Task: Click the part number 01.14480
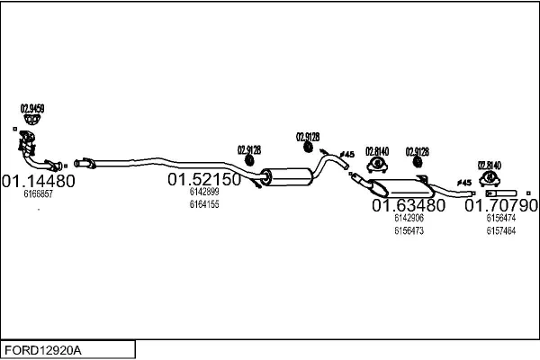(38, 180)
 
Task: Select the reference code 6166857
(38, 193)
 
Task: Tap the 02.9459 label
(32, 108)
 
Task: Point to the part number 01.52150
(204, 179)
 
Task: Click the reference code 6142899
(204, 192)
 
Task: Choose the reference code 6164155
(204, 204)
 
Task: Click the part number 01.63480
(409, 205)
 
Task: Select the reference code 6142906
(409, 218)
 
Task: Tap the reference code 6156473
(409, 230)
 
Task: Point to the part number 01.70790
(501, 205)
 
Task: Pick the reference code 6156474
(501, 218)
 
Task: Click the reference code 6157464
(501, 230)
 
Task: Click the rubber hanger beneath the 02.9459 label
(32, 121)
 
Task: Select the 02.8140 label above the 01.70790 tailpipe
(489, 166)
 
